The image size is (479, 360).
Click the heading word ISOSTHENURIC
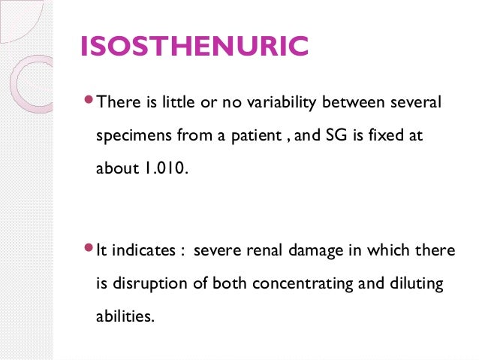194,47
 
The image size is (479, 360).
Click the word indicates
144,250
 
